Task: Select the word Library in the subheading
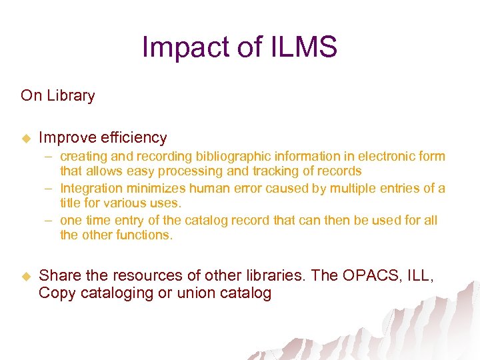click(x=71, y=95)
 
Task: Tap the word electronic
click(x=383, y=157)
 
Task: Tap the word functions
click(x=144, y=235)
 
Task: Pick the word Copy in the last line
click(x=57, y=293)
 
